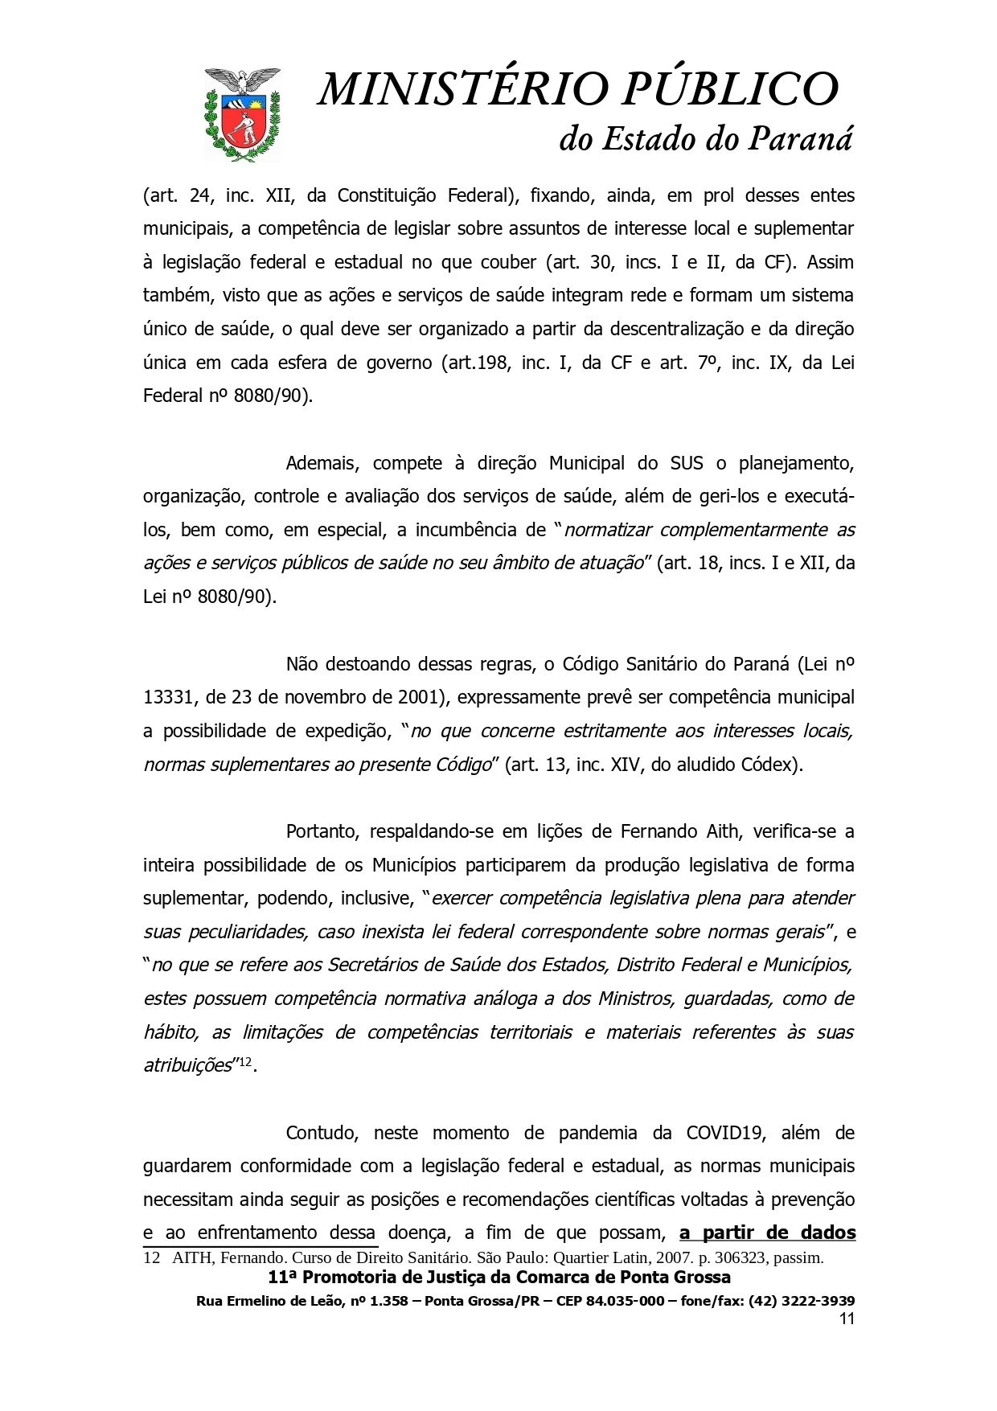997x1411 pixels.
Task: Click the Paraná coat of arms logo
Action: (243, 113)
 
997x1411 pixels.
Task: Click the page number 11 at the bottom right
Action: (846, 1319)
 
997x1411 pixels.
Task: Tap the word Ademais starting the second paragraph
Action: (318, 463)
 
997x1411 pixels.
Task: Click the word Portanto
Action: (320, 831)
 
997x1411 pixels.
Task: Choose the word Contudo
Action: (318, 1133)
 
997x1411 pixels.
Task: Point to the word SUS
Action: (687, 463)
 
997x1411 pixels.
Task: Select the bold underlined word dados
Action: (828, 1233)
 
